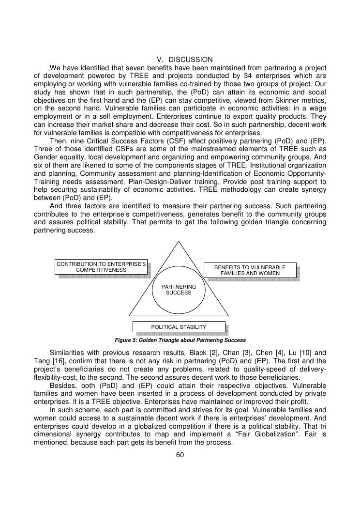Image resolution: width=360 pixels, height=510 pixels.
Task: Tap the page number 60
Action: [x=180, y=455]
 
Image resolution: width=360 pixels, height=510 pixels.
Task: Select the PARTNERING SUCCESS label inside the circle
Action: [x=179, y=290]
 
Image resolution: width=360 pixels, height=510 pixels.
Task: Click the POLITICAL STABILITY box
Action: [x=179, y=327]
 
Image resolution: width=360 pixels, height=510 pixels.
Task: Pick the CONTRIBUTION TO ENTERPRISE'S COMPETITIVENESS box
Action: [x=101, y=267]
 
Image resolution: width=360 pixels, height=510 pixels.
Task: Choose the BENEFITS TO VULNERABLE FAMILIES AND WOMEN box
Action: [x=250, y=270]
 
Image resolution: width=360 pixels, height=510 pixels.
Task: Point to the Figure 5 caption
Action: [x=180, y=340]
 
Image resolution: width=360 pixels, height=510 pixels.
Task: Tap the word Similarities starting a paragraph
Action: [x=69, y=353]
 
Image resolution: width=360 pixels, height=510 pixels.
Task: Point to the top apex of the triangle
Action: [x=179, y=241]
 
